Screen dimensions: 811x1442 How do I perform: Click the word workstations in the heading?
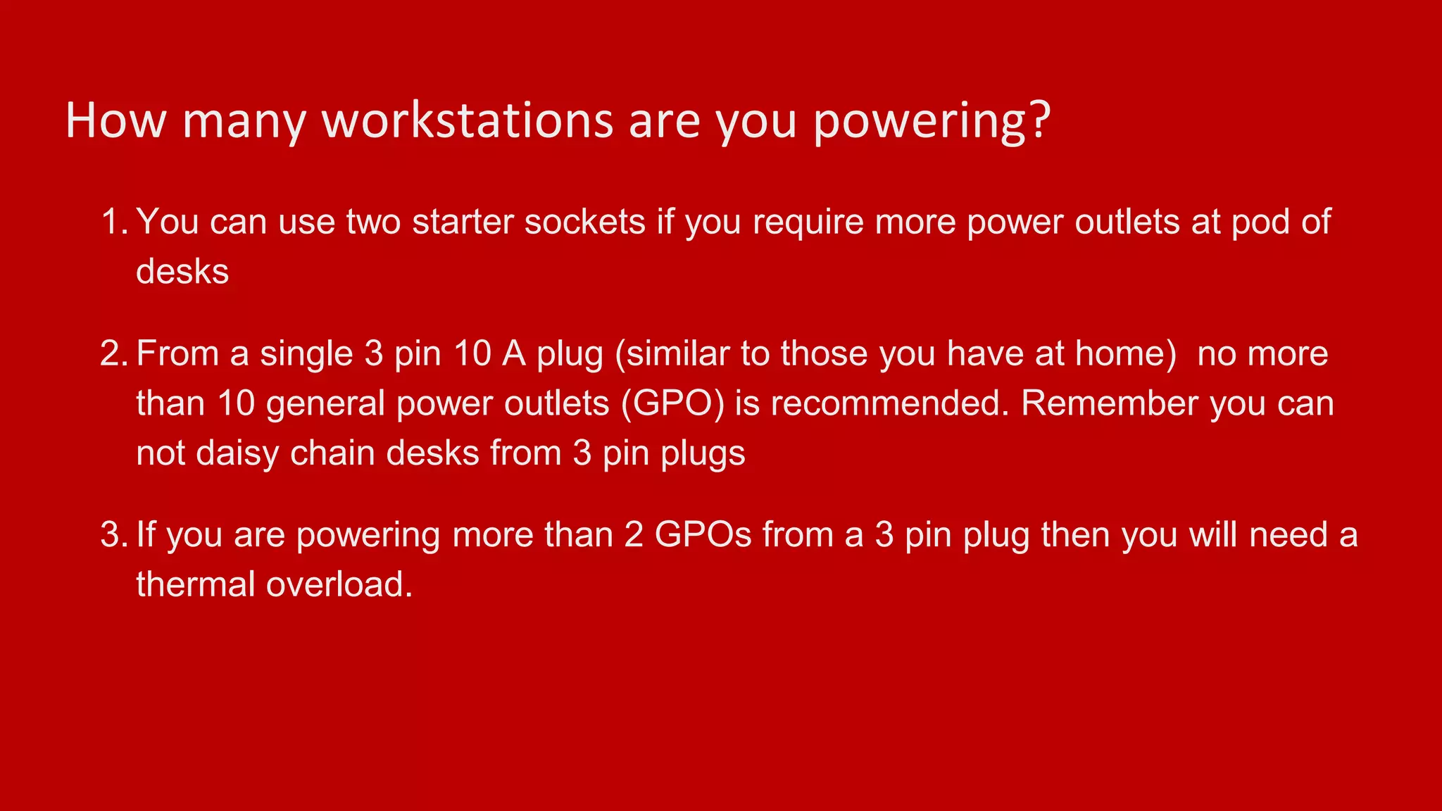point(468,121)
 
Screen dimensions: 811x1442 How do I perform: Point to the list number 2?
point(113,353)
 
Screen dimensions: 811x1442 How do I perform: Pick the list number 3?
point(113,535)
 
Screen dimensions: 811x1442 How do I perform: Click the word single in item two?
point(306,354)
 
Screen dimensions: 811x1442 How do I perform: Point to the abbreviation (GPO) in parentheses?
point(672,404)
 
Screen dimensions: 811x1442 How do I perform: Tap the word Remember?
point(1109,404)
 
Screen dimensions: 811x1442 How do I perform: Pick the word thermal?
point(196,584)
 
